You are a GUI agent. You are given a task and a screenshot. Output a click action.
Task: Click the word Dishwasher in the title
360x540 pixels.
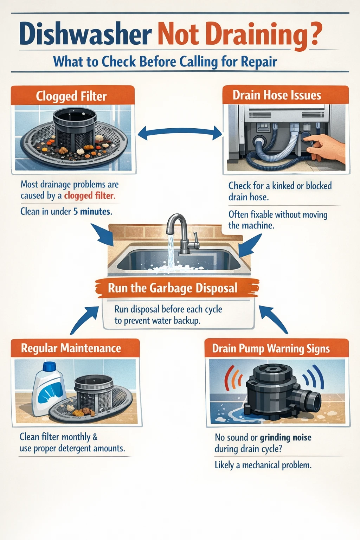(x=85, y=34)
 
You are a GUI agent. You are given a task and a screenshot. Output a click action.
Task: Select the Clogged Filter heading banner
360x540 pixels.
(x=72, y=96)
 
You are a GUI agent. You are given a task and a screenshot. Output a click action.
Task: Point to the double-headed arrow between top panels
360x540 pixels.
(x=180, y=134)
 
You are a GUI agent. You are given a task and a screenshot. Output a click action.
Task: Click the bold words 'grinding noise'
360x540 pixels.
(x=285, y=438)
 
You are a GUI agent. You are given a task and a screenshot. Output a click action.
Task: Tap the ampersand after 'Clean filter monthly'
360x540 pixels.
(x=95, y=437)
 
